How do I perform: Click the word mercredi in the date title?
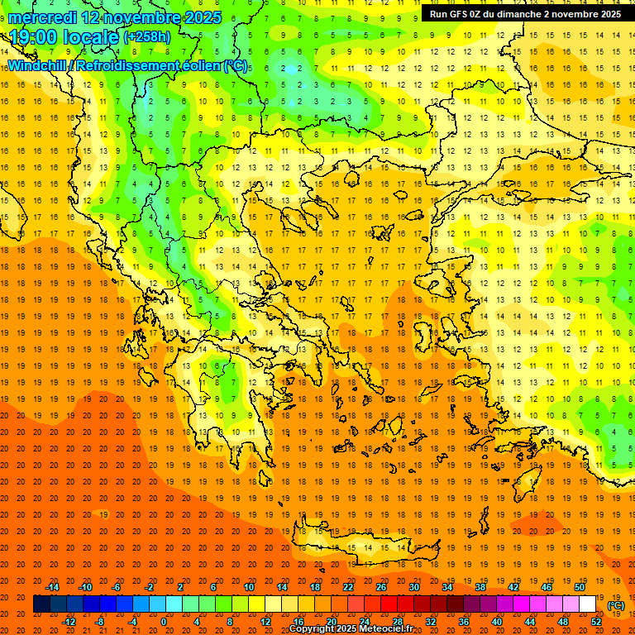click(45, 17)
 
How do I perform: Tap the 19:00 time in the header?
click(34, 37)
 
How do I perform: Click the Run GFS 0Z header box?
click(526, 14)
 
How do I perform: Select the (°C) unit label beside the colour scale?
click(615, 605)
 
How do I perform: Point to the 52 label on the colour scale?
click(596, 621)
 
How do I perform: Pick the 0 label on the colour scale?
click(164, 621)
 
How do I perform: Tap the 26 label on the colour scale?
click(381, 587)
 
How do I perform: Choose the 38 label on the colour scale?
click(480, 587)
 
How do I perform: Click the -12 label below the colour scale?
click(69, 621)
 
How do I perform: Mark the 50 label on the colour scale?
click(579, 587)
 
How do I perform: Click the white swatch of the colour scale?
click(587, 604)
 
